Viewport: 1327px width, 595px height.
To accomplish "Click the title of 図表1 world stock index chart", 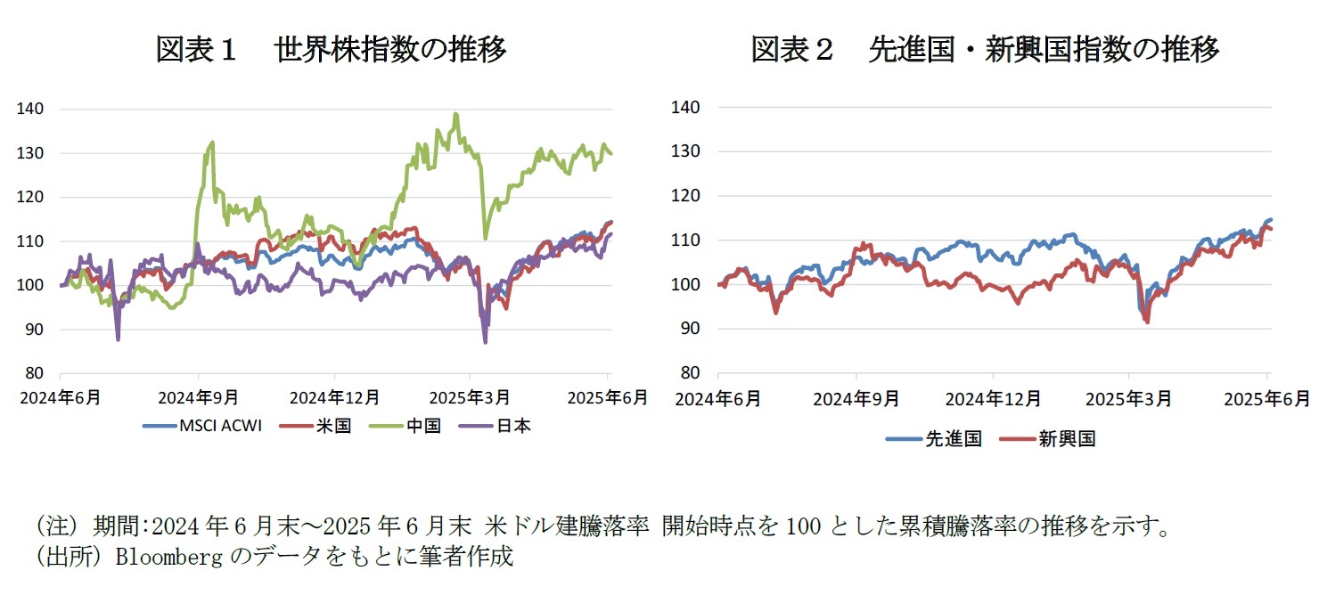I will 331,50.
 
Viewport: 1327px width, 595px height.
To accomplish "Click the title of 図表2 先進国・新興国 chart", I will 985,50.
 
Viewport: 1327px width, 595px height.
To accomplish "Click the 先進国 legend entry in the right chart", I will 933,438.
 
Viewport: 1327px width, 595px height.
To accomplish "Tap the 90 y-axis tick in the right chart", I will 692,329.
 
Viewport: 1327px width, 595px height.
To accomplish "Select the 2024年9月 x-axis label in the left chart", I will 198,397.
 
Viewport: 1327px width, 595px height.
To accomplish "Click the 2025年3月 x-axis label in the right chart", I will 1128,397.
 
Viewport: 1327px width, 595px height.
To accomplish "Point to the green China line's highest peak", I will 456,114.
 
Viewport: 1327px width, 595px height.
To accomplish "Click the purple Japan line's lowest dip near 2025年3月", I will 485,342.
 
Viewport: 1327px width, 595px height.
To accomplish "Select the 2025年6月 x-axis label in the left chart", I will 609,397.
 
